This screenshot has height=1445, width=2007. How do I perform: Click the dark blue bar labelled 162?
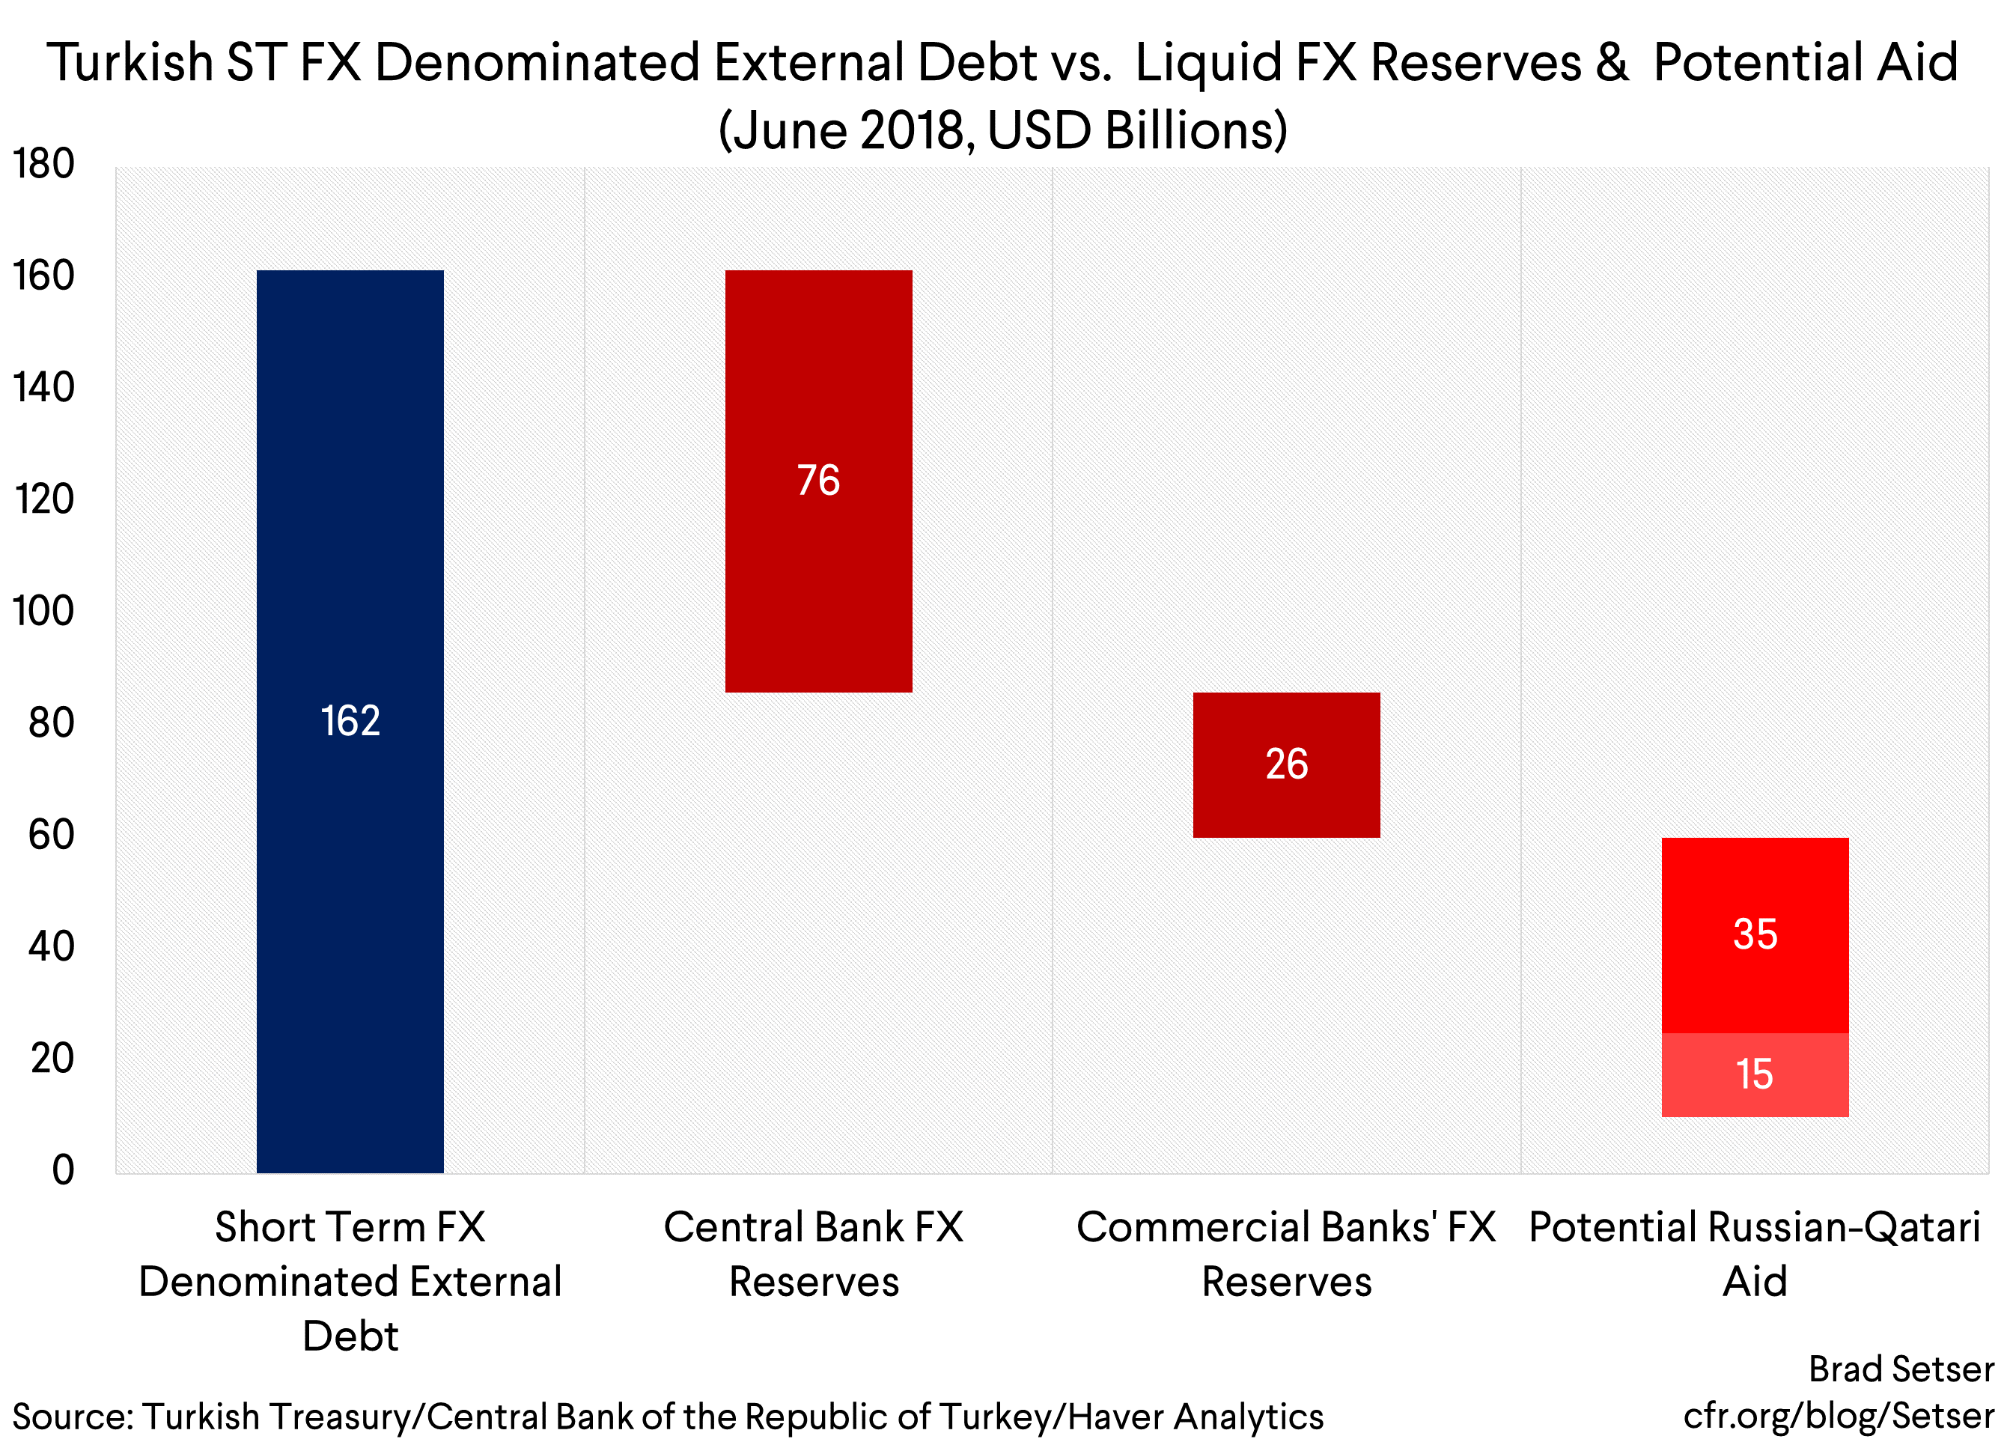350,721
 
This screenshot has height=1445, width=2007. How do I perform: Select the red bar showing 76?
818,481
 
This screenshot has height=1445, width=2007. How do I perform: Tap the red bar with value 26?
1286,764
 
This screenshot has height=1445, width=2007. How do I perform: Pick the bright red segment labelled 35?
1755,934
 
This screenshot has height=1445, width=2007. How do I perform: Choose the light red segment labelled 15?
1755,1074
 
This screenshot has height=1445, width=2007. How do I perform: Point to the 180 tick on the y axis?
43,165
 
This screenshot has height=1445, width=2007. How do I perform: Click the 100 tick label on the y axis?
43,612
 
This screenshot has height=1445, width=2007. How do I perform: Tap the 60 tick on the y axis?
52,836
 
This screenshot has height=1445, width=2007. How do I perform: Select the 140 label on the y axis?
43,388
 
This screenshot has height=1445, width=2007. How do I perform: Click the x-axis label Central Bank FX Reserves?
814,1254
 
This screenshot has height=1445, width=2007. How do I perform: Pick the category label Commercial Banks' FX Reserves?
1286,1254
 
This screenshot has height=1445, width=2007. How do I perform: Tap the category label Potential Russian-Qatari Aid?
1755,1254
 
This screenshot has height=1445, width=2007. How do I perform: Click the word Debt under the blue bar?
350,1336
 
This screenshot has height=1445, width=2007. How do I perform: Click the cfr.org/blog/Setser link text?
1839,1416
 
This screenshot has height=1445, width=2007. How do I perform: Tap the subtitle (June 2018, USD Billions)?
1002,131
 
